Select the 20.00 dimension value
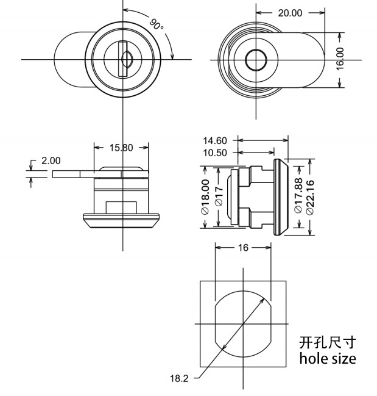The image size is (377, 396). (x=290, y=13)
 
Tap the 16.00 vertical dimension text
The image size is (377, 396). (x=340, y=59)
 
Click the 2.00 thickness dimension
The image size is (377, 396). (x=51, y=160)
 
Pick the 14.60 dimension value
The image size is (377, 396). (x=214, y=140)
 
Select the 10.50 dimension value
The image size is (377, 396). (x=214, y=153)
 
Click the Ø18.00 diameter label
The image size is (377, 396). (x=205, y=195)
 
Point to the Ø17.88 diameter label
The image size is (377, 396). (x=298, y=195)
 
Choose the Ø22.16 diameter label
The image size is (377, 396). (x=311, y=195)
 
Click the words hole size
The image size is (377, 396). (x=327, y=358)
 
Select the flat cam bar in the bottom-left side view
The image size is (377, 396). (x=73, y=174)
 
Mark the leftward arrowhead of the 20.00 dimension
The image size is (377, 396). (x=258, y=13)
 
